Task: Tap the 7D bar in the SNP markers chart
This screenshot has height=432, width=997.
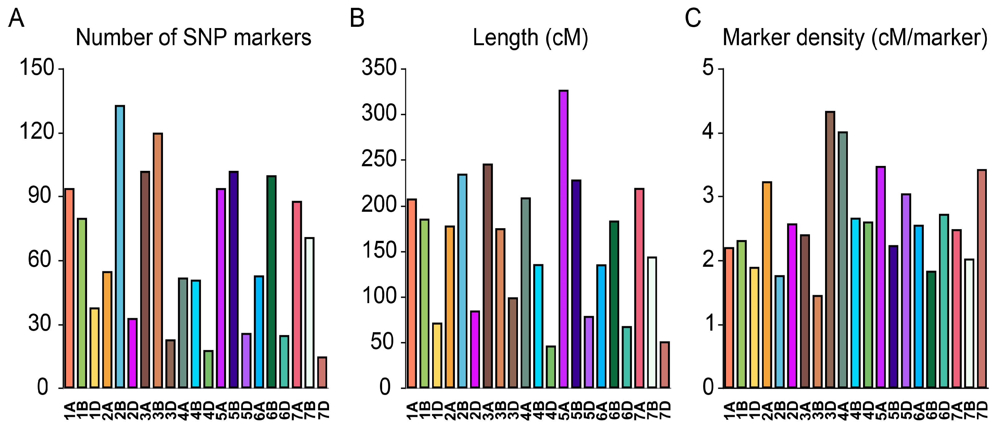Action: click(322, 372)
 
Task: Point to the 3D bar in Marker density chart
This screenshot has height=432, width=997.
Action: click(830, 249)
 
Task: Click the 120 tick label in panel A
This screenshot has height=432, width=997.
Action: click(36, 131)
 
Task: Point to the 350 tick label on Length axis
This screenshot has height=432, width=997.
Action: click(379, 67)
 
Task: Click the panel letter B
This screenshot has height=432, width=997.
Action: click(357, 18)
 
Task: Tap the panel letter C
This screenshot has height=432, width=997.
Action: click(692, 18)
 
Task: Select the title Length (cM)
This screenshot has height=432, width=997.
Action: click(530, 38)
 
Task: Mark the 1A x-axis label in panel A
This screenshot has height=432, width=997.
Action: click(69, 411)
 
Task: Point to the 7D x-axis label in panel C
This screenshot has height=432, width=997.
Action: click(982, 411)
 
